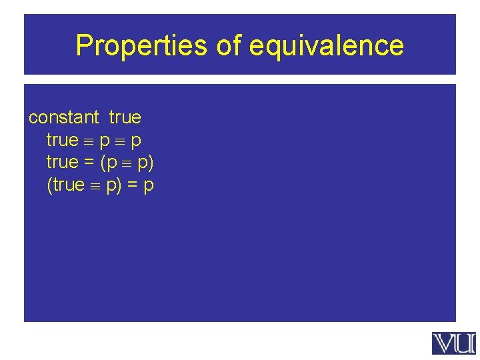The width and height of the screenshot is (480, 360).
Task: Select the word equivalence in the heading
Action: pyautogui.click(x=327, y=46)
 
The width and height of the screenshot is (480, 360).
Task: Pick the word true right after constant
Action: pyautogui.click(x=125, y=118)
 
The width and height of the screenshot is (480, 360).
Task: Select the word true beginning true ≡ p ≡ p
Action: pyautogui.click(x=63, y=140)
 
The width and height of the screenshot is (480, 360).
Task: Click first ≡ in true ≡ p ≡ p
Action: pyautogui.click(x=89, y=141)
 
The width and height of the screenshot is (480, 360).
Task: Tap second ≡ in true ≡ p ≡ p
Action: pyautogui.click(x=120, y=141)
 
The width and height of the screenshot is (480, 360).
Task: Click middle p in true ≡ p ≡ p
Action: pyautogui.click(x=104, y=141)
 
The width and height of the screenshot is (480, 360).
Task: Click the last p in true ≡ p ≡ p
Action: pyautogui.click(x=136, y=141)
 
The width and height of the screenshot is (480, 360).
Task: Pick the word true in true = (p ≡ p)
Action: pyautogui.click(x=63, y=162)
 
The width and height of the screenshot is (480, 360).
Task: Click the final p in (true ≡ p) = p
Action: pyautogui.click(x=149, y=185)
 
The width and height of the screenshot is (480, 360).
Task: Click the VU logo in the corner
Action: pyautogui.click(x=454, y=343)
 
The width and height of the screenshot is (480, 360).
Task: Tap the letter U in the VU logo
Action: pyautogui.click(x=465, y=343)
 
